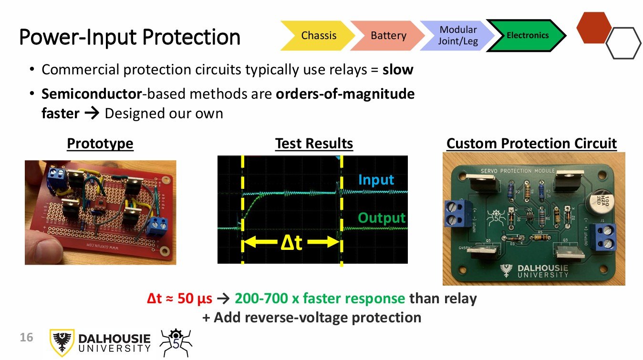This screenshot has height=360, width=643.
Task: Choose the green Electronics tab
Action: [x=527, y=35]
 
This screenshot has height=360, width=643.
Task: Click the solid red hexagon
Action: [x=594, y=28]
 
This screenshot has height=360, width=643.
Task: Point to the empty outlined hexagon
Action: [x=623, y=43]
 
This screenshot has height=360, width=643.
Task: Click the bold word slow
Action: [x=398, y=70]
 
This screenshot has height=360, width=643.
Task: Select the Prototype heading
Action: [x=100, y=144]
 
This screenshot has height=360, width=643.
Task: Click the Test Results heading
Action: [x=314, y=144]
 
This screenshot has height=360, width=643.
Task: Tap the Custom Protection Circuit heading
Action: [x=531, y=144]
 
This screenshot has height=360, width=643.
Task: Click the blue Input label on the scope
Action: [x=376, y=180]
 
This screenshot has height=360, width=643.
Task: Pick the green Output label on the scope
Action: [x=382, y=218]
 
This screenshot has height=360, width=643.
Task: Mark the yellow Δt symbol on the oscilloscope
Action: [x=291, y=243]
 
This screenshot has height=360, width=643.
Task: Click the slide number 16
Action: [x=26, y=338]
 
